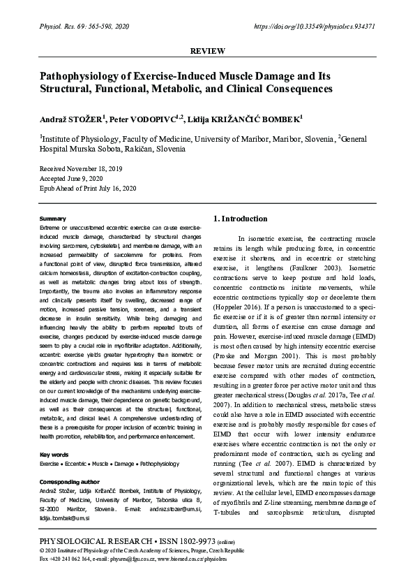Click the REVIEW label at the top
pos(207,52)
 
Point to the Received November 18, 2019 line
pos(80,169)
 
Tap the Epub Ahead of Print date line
pos(87,189)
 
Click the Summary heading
pos(53,219)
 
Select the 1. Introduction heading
pos(239,219)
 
